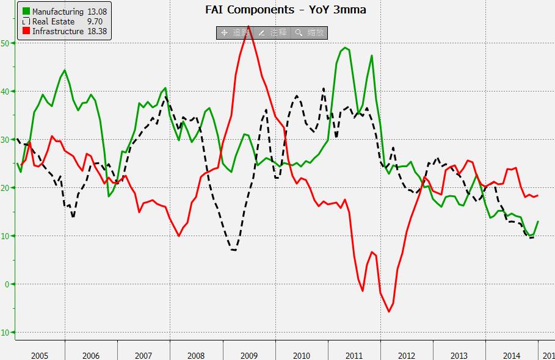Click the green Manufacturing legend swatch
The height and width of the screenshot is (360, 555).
click(x=26, y=12)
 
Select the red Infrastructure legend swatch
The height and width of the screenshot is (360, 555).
click(x=26, y=31)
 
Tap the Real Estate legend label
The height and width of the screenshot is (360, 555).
click(x=53, y=21)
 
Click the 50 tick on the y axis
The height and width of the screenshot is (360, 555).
click(x=5, y=43)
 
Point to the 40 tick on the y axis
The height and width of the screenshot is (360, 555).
click(x=5, y=92)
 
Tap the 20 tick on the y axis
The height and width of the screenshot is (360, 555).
click(x=5, y=188)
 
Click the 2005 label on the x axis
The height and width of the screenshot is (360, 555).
click(x=39, y=355)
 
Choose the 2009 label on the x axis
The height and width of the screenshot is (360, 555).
click(x=250, y=355)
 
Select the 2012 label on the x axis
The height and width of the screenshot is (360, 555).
click(x=407, y=355)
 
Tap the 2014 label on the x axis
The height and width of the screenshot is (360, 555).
click(x=512, y=355)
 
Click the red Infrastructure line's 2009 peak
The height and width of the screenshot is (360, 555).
click(x=248, y=27)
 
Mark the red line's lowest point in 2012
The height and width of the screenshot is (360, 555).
click(x=389, y=312)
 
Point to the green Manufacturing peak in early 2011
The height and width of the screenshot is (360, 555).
click(x=346, y=48)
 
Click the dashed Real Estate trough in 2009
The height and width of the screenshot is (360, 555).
click(x=234, y=250)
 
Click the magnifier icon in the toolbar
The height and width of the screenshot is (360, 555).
click(x=299, y=32)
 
